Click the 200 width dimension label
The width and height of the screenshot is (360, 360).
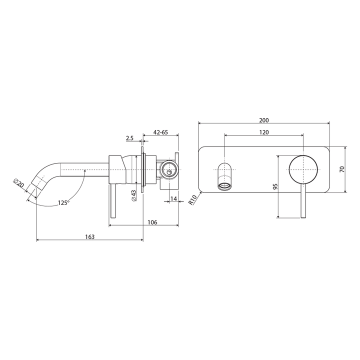pyautogui.click(x=264, y=120)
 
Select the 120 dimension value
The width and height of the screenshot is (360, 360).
pyautogui.click(x=264, y=132)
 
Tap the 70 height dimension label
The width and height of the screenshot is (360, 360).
pyautogui.click(x=341, y=169)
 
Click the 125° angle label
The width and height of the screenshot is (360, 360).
pyautogui.click(x=63, y=202)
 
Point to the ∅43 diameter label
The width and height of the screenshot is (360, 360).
pyautogui.click(x=134, y=195)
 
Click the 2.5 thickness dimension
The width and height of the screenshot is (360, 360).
pyautogui.click(x=129, y=137)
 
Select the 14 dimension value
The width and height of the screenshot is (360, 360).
pyautogui.click(x=173, y=199)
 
